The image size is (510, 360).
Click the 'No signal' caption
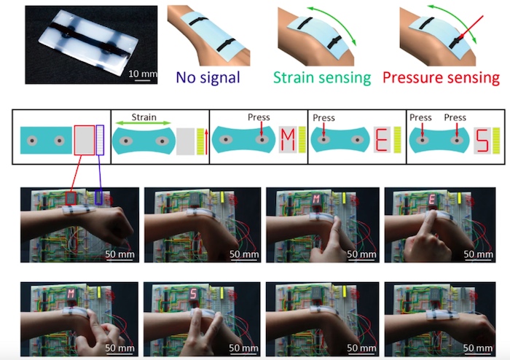208,77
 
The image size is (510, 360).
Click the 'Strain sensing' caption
322,78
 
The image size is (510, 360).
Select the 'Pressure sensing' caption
441,78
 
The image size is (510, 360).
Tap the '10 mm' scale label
143,74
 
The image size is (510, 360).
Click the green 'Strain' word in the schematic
144,117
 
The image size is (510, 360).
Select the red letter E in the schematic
382,140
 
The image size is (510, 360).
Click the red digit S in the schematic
482,140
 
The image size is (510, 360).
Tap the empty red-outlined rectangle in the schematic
85,140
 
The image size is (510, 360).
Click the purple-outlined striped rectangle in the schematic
101,140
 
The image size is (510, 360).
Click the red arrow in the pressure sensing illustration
471,28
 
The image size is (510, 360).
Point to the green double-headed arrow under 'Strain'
144,123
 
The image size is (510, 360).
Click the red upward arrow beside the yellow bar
206,141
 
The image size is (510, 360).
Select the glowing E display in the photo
432,199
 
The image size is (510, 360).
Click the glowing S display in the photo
194,294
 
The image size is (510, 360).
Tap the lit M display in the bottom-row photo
71,294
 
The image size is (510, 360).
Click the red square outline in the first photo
71,198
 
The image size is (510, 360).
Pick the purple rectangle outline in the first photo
99,197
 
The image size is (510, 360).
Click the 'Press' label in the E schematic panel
323,117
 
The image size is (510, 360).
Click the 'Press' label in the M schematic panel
259,117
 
